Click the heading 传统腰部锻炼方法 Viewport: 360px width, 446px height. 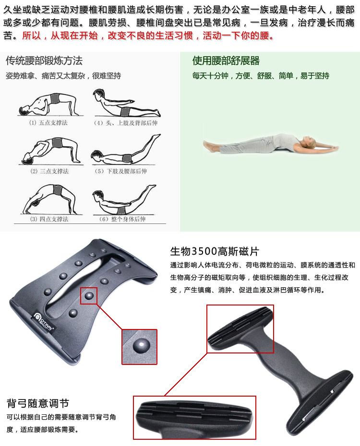pyautogui.click(x=44, y=60)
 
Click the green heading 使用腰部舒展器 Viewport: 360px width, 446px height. pyautogui.click(x=226, y=60)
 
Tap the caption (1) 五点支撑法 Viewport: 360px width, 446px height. pyautogui.click(x=48, y=123)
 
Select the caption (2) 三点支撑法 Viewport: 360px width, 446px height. pyautogui.click(x=49, y=171)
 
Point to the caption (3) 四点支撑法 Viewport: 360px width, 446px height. pyautogui.click(x=49, y=219)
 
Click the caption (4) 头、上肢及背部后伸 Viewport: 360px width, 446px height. pyautogui.click(x=125, y=123)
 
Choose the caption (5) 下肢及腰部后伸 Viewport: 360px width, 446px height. pyautogui.click(x=121, y=171)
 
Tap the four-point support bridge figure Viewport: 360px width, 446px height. pyautogui.click(x=50, y=199)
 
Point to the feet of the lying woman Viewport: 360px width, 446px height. pyautogui.click(x=210, y=146)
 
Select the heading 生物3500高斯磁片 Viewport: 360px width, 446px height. pyautogui.click(x=215, y=251)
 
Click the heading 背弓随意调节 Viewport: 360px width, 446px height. pyautogui.click(x=38, y=403)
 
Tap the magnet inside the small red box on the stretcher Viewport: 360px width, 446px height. pyautogui.click(x=89, y=295)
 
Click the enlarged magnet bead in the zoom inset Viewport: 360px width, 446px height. pyautogui.click(x=142, y=346)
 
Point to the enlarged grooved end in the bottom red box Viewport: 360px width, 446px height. pyautogui.click(x=194, y=415)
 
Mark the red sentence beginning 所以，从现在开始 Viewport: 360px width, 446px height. pyautogui.click(x=148, y=35)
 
